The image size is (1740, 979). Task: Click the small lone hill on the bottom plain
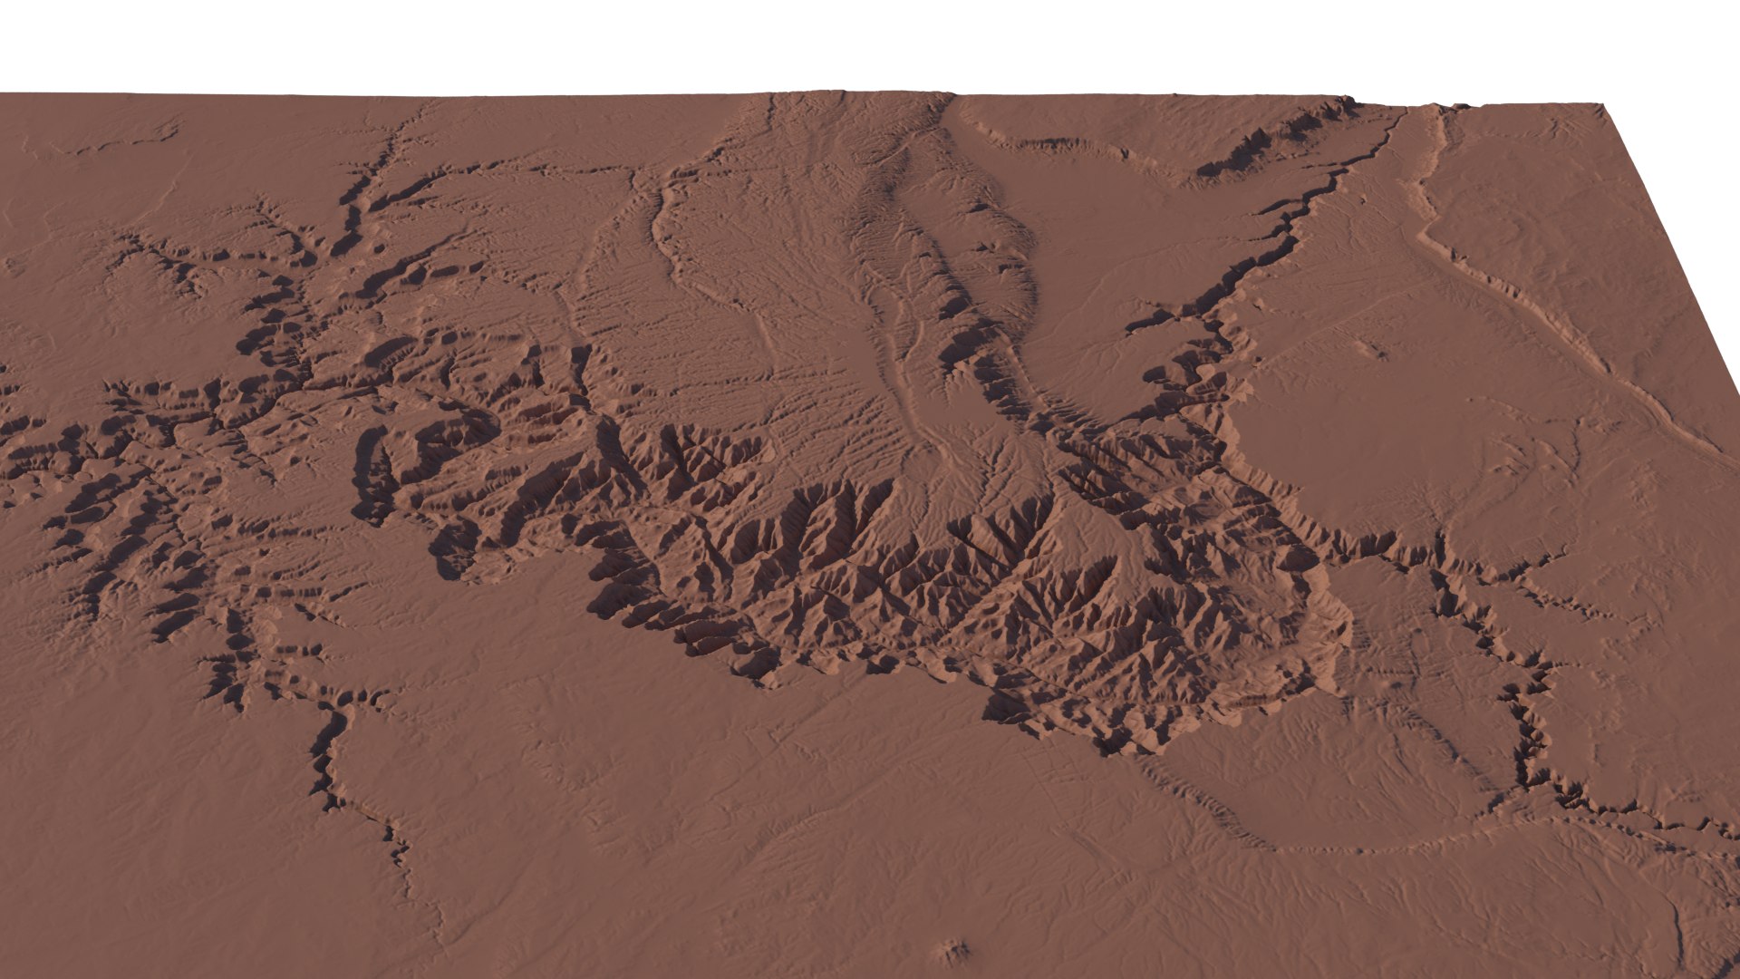coord(954,951)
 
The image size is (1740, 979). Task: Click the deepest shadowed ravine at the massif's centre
coord(988,544)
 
